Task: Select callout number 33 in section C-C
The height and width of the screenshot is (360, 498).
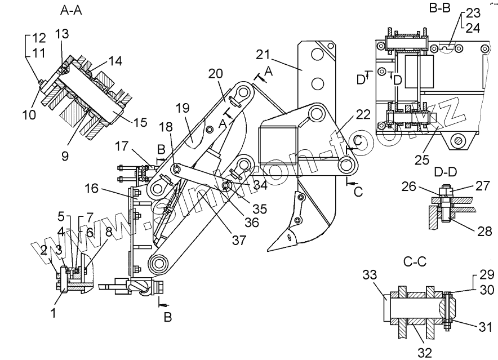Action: (x=369, y=275)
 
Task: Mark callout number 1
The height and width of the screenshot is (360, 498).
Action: (x=54, y=312)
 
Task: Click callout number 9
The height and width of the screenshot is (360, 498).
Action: (x=65, y=155)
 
